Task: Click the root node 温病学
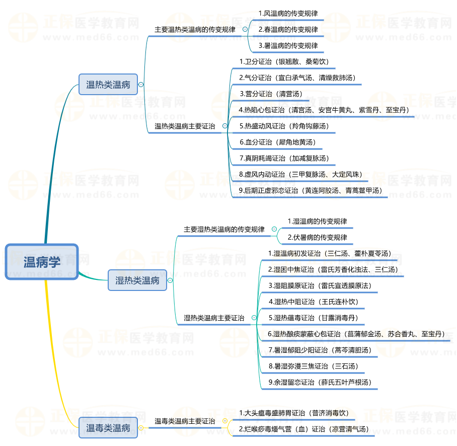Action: click(x=42, y=262)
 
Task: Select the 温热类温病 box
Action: click(x=108, y=85)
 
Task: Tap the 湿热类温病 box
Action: click(x=137, y=280)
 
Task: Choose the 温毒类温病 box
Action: click(x=108, y=428)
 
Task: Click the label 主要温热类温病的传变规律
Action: click(x=195, y=30)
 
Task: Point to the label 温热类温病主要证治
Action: click(x=185, y=126)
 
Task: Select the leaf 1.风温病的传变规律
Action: click(x=288, y=13)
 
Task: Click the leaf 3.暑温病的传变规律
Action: click(x=288, y=45)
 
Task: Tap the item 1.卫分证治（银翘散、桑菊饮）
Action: click(x=284, y=61)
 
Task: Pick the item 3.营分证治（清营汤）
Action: click(x=271, y=94)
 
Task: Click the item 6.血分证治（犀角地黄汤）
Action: click(x=277, y=142)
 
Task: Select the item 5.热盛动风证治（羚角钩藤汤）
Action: click(x=284, y=126)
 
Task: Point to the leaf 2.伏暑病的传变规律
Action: click(x=317, y=237)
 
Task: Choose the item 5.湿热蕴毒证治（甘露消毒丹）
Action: click(x=313, y=318)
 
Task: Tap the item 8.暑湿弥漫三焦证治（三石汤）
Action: click(x=313, y=366)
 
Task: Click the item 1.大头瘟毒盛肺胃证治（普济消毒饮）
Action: click(x=294, y=413)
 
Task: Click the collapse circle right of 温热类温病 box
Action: click(x=141, y=85)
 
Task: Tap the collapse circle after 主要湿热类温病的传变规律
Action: click(x=274, y=229)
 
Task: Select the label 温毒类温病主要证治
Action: click(x=185, y=421)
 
